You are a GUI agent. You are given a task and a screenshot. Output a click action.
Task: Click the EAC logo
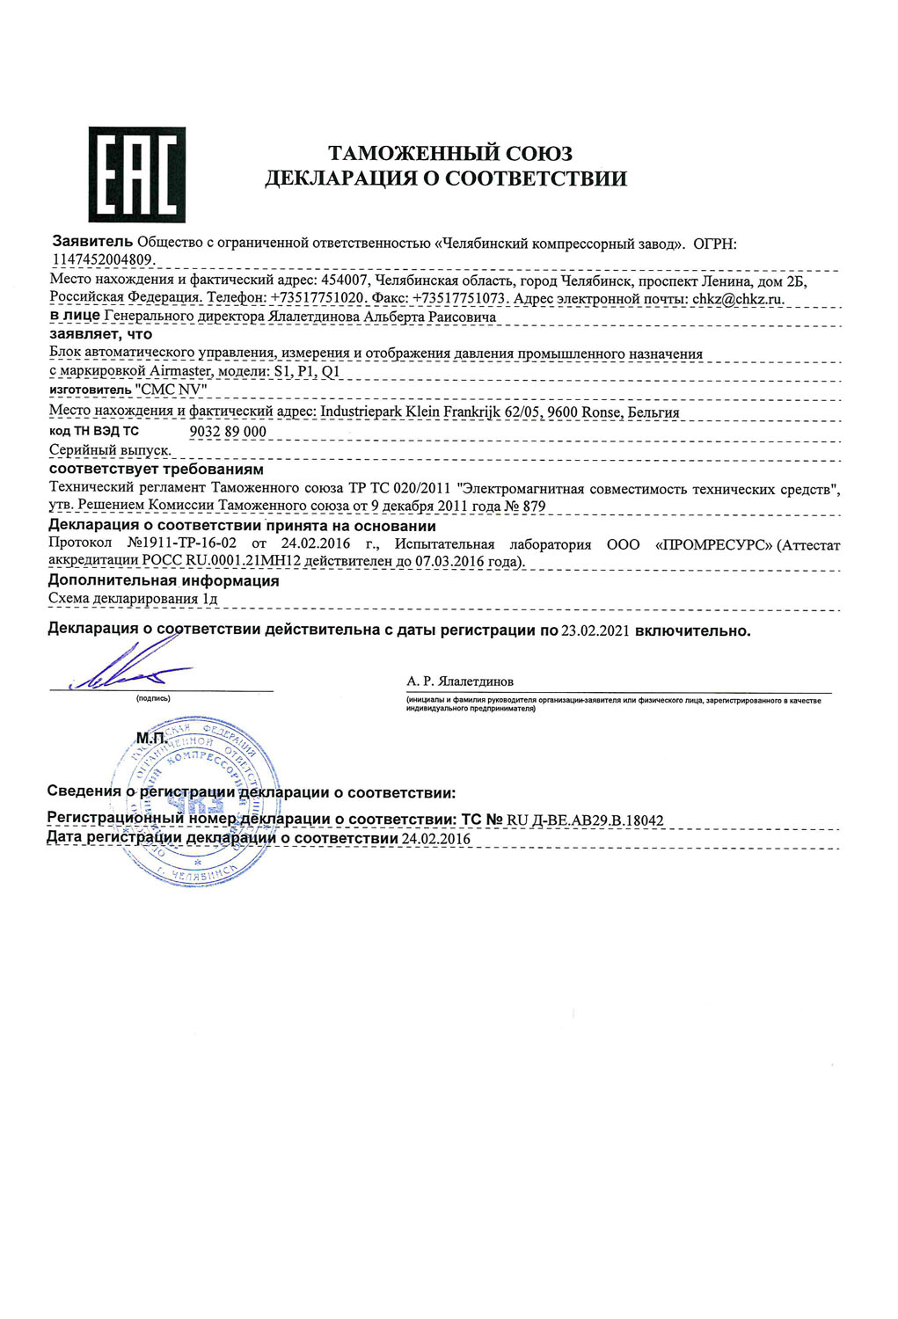tap(136, 174)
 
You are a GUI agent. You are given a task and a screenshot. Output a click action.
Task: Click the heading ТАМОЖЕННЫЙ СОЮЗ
tap(449, 154)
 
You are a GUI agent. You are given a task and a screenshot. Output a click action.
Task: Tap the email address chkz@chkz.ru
tap(737, 299)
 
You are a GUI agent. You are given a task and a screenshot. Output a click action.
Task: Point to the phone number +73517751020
tap(318, 299)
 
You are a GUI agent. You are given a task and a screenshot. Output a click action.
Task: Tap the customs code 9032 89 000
tap(228, 432)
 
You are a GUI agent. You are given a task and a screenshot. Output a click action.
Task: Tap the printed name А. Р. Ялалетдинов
tap(459, 681)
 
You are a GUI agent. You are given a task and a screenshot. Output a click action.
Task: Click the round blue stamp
tap(193, 798)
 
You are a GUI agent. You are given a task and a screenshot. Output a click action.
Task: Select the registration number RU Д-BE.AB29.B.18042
tap(585, 820)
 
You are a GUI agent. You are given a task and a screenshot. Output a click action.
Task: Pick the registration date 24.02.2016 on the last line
tap(435, 839)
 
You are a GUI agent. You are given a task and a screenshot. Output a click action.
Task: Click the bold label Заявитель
tap(92, 241)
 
